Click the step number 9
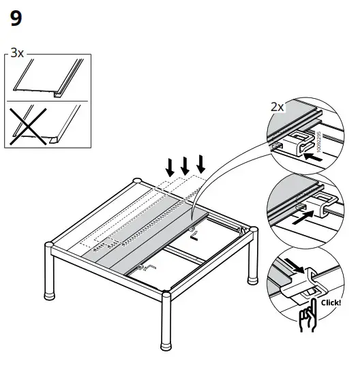click(16, 19)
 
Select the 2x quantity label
click(277, 107)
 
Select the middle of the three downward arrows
click(184, 165)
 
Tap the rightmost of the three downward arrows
click(200, 164)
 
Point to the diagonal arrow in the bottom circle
click(291, 266)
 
